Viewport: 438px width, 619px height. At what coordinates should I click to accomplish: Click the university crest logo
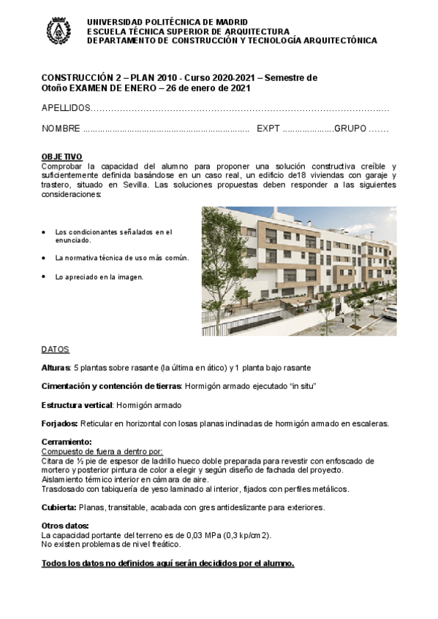pos(58,31)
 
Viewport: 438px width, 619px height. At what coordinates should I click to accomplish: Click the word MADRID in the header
pos(231,22)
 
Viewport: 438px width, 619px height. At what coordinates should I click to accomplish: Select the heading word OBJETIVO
pos(62,157)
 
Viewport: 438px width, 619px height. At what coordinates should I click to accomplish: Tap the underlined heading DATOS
pos(56,349)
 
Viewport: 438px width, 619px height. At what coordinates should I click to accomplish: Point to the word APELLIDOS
pos(65,108)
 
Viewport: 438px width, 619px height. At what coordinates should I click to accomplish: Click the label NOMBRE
pos(61,128)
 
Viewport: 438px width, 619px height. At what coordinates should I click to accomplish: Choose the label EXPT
pos(268,128)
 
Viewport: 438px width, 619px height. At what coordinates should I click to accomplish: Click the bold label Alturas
pos(56,366)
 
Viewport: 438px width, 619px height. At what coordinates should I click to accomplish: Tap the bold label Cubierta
pos(59,507)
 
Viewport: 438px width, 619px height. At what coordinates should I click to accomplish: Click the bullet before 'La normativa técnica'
pos(45,258)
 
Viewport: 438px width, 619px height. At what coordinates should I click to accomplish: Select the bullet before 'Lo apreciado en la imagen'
pos(45,277)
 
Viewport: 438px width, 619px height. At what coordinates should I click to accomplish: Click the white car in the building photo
pos(390,312)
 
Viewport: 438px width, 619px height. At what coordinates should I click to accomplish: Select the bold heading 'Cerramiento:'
pos(67,442)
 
